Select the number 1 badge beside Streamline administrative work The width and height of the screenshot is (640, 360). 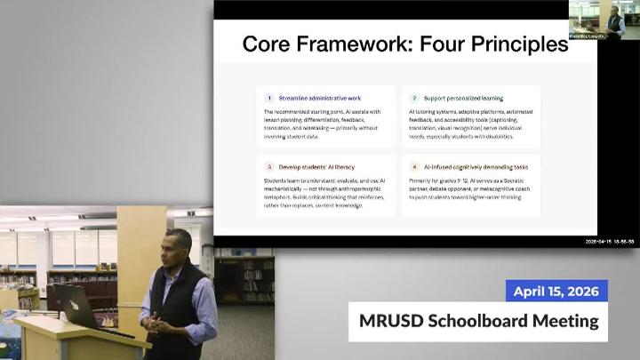(269, 98)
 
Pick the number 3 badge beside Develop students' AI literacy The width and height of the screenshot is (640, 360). (269, 166)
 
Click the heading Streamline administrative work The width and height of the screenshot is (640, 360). (320, 98)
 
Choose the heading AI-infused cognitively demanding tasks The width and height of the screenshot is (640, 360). (476, 166)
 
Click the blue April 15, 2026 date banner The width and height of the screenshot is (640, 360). (556, 291)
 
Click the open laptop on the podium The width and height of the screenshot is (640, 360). (75, 305)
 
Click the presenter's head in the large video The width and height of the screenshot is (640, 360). (179, 246)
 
